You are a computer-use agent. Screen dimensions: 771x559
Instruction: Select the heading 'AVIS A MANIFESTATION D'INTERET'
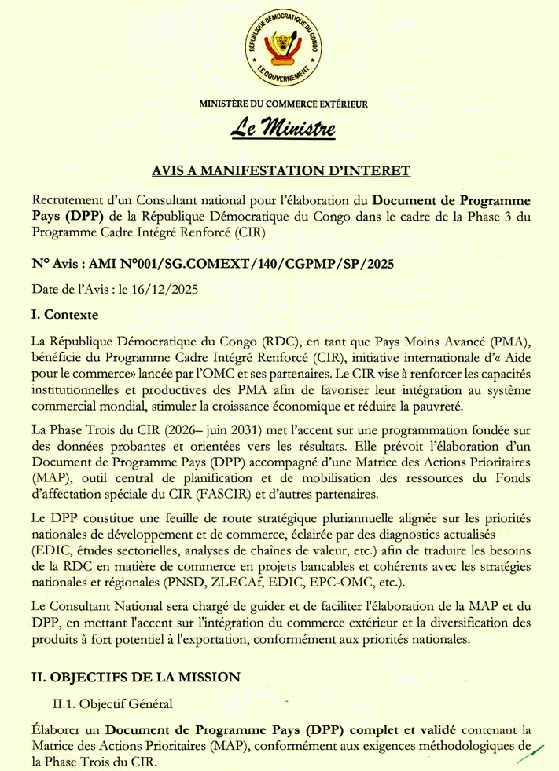coord(280,170)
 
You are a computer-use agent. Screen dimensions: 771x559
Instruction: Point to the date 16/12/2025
coord(167,289)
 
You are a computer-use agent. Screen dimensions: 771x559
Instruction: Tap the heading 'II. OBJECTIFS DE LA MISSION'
coord(134,676)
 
